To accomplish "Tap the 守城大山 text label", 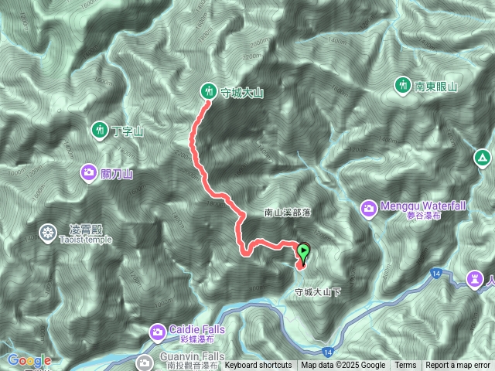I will pyautogui.click(x=243, y=93).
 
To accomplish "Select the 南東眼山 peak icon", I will pyautogui.click(x=403, y=85).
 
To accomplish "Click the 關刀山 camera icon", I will pyautogui.click(x=89, y=172).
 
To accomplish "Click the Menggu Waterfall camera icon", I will pyautogui.click(x=369, y=207).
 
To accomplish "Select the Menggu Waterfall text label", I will pyautogui.click(x=425, y=206).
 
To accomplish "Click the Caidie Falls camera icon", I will pyautogui.click(x=159, y=332).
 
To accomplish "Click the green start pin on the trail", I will pyautogui.click(x=304, y=251).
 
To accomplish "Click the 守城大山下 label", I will pyautogui.click(x=318, y=292).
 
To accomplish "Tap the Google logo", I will pyautogui.click(x=29, y=360).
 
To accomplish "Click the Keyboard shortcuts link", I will pyautogui.click(x=258, y=366).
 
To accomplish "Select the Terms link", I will pyautogui.click(x=405, y=366).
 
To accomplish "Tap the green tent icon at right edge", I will pyautogui.click(x=483, y=158).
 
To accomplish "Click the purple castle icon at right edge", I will pyautogui.click(x=475, y=277).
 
